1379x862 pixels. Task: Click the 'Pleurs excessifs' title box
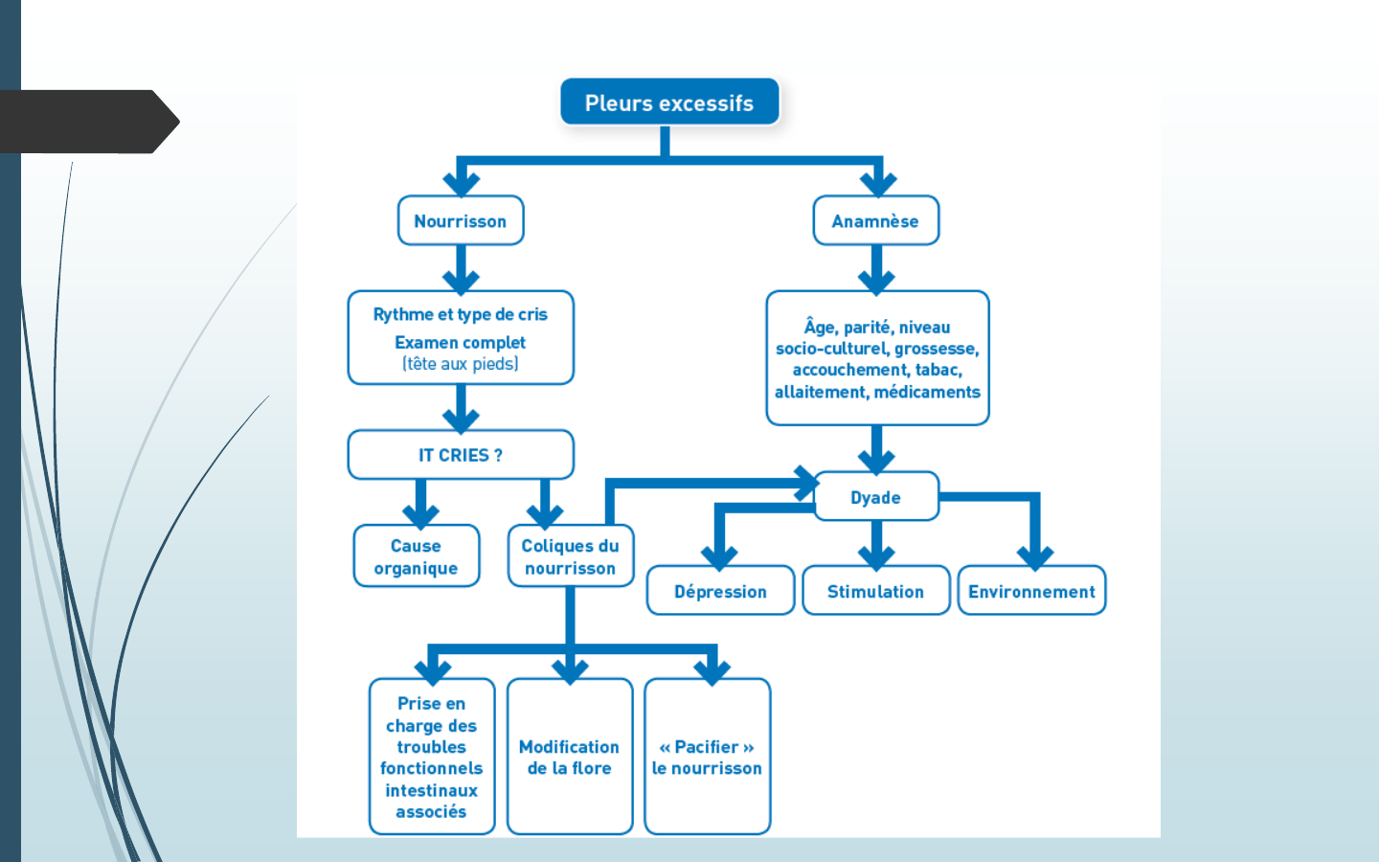tap(669, 102)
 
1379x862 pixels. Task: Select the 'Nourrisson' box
tap(461, 221)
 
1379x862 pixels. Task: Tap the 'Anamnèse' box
tap(875, 221)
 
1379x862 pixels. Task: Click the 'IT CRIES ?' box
tap(461, 455)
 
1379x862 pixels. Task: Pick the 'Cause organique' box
tap(416, 556)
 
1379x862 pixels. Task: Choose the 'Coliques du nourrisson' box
tap(571, 556)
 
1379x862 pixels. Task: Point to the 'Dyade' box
tap(876, 497)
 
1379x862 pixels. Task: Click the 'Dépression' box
tap(720, 591)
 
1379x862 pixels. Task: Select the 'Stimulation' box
tap(876, 591)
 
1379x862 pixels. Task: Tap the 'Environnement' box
tap(1031, 591)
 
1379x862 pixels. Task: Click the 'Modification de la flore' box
tap(570, 757)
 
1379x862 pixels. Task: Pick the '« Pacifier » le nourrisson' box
tap(708, 757)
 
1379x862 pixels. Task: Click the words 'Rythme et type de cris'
tap(461, 314)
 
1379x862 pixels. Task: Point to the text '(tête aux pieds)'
tap(461, 364)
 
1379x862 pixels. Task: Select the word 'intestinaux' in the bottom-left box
tap(431, 790)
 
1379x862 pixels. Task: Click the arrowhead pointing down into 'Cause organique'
tap(420, 515)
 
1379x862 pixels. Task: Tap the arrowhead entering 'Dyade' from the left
tap(804, 483)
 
